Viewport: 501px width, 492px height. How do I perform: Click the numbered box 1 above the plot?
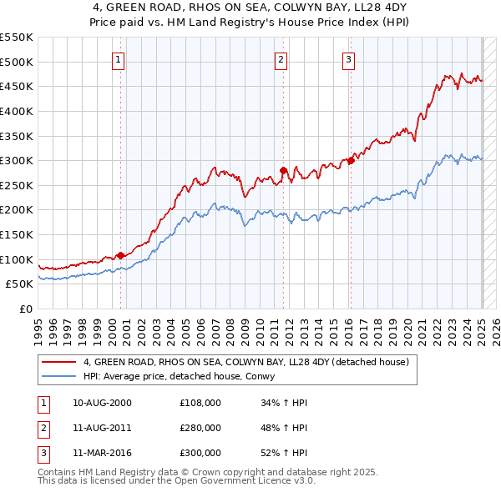coord(119,59)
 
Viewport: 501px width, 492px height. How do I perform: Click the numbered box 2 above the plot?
coord(281,59)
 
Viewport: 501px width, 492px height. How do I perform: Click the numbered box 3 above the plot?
coord(348,59)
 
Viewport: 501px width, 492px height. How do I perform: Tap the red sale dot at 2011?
coord(283,170)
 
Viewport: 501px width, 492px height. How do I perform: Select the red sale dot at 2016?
coord(351,160)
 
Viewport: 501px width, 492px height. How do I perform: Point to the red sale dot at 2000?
coord(120,255)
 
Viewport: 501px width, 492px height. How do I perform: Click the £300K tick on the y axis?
coord(17,160)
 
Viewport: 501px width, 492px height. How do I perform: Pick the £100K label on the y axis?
coord(17,259)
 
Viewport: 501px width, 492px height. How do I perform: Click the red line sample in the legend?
coord(58,363)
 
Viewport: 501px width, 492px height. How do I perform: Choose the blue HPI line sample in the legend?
coord(58,377)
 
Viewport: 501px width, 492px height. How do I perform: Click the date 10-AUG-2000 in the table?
coord(102,403)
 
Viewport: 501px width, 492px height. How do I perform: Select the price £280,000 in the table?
coord(200,428)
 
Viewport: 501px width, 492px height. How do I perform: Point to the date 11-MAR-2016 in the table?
coord(102,453)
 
